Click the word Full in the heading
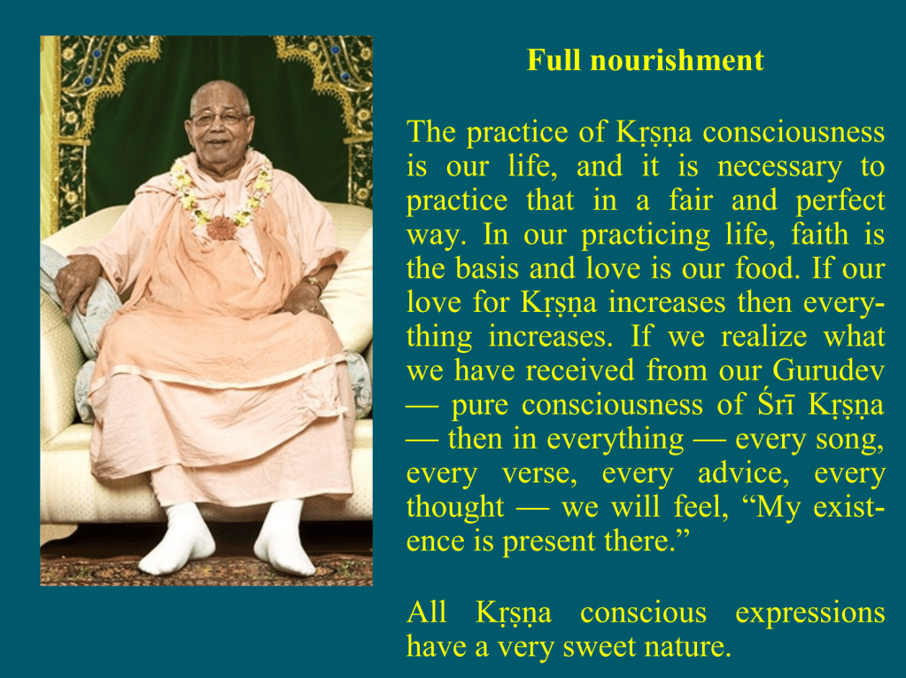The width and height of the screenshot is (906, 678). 553,60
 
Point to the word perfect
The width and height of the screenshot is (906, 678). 840,201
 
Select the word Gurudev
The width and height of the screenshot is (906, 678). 829,370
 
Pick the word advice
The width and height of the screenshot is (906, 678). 743,473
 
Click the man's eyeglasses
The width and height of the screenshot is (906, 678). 219,119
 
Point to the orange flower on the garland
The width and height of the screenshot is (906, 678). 221,228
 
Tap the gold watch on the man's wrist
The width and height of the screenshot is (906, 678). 314,283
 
